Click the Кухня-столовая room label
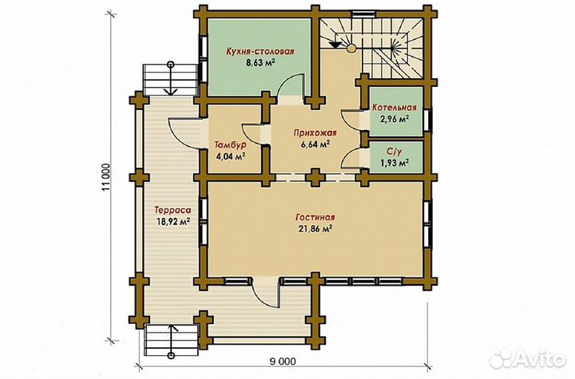point(260,51)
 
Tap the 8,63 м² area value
point(260,62)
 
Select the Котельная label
point(395,108)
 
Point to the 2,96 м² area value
point(395,119)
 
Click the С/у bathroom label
point(395,152)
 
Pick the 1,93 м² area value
point(395,163)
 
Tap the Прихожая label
point(315,133)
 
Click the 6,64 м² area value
point(315,144)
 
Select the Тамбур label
point(230,145)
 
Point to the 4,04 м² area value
point(231,156)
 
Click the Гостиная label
point(315,218)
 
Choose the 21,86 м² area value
point(315,229)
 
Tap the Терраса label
point(172,211)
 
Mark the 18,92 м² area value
point(172,221)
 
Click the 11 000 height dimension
point(106,176)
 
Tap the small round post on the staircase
point(351,48)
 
